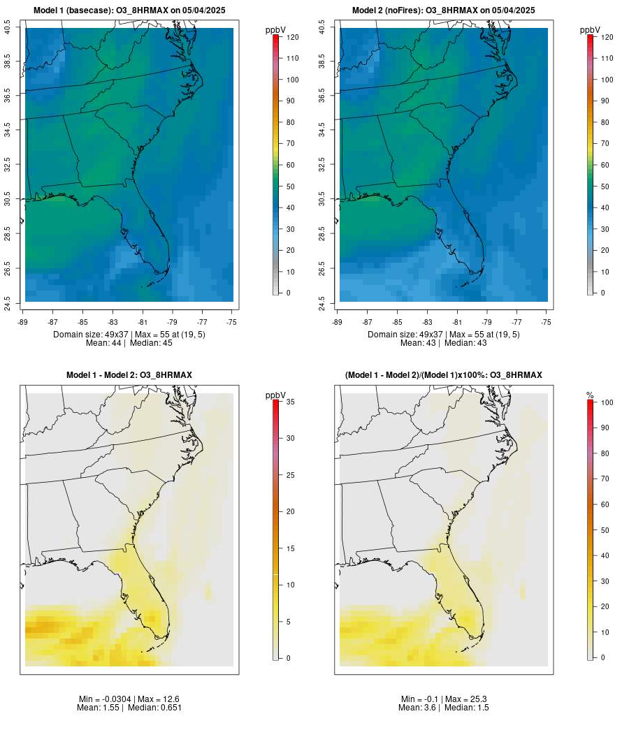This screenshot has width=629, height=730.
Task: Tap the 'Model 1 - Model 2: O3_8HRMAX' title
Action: [129, 375]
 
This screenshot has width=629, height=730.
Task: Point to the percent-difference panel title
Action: [443, 375]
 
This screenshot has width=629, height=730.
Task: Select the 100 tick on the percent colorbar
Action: [607, 402]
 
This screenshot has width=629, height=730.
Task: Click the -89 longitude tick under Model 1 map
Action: [25, 322]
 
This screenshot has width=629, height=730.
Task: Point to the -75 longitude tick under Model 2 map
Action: [547, 322]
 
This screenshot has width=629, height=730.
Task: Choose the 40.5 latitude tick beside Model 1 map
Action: [7, 28]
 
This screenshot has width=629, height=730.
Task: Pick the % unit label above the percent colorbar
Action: [590, 395]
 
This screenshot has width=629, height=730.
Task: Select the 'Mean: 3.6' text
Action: [418, 708]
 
